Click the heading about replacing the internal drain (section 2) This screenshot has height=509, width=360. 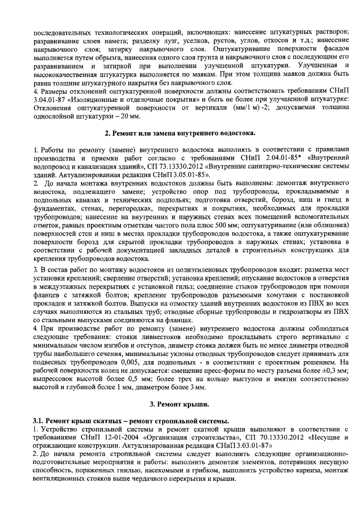pos(180,134)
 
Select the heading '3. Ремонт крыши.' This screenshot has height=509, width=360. pos(179,404)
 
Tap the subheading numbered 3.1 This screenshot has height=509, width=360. pos(130,421)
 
